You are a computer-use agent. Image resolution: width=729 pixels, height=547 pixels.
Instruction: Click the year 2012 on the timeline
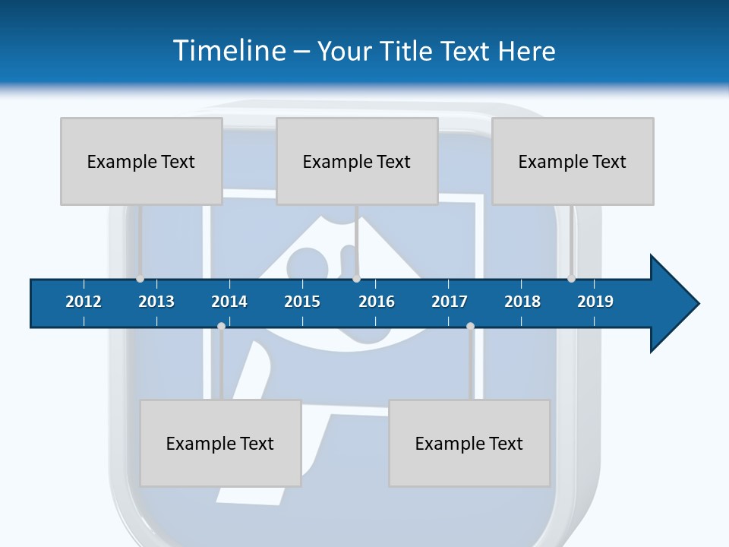pyautogui.click(x=84, y=302)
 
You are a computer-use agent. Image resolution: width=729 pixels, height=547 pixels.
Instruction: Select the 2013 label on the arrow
pyautogui.click(x=156, y=302)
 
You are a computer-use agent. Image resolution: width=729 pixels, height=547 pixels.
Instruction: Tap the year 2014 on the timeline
pyautogui.click(x=229, y=302)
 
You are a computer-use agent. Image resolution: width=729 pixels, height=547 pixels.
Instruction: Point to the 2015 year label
pyautogui.click(x=302, y=302)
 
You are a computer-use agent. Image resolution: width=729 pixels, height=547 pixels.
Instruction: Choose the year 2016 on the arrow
pyautogui.click(x=377, y=302)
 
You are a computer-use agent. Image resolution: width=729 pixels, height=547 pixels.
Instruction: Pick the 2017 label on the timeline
pyautogui.click(x=450, y=302)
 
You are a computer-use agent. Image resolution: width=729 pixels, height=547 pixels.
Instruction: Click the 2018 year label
pyautogui.click(x=522, y=302)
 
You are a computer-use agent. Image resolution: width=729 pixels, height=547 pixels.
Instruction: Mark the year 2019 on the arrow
pyautogui.click(x=595, y=302)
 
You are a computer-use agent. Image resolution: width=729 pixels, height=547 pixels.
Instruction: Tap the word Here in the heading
pyautogui.click(x=526, y=51)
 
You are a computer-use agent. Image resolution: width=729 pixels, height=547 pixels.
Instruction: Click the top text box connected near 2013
pyautogui.click(x=141, y=161)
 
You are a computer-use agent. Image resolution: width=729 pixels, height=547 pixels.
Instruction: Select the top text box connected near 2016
pyautogui.click(x=357, y=161)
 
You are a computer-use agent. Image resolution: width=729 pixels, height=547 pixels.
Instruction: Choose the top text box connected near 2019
pyautogui.click(x=573, y=161)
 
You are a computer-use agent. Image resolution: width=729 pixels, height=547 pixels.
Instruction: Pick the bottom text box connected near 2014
pyautogui.click(x=220, y=443)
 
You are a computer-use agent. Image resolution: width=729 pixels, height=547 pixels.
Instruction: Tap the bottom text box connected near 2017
pyautogui.click(x=469, y=443)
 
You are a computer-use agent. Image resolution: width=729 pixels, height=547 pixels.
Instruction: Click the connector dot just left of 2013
pyautogui.click(x=140, y=279)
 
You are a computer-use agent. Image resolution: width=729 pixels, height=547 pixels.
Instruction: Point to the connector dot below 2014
pyautogui.click(x=221, y=326)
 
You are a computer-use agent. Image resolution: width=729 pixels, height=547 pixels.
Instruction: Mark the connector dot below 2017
pyautogui.click(x=470, y=326)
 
